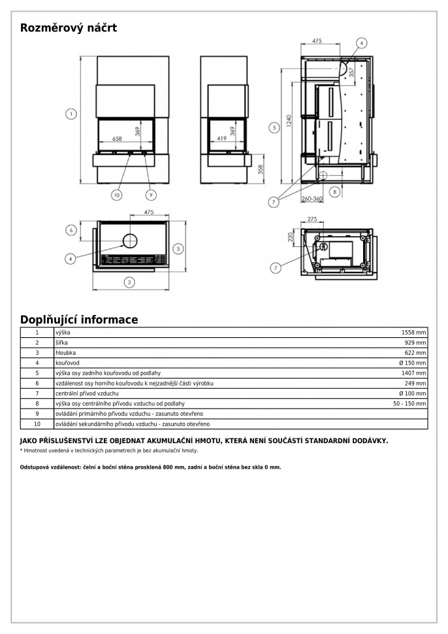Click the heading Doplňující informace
pos(79,320)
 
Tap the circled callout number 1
pos(69,114)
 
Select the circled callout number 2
pos(129,282)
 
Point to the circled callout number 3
pos(178,248)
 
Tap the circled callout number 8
pos(334,192)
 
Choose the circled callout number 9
pos(150,194)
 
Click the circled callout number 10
pos(117,194)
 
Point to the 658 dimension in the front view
pos(118,139)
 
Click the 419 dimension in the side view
pos(222,139)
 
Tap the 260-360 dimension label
pos(313,199)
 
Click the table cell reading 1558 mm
pos(415,333)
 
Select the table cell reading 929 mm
pos(416,342)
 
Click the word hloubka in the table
pos(65,352)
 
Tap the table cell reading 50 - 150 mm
pos(409,404)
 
